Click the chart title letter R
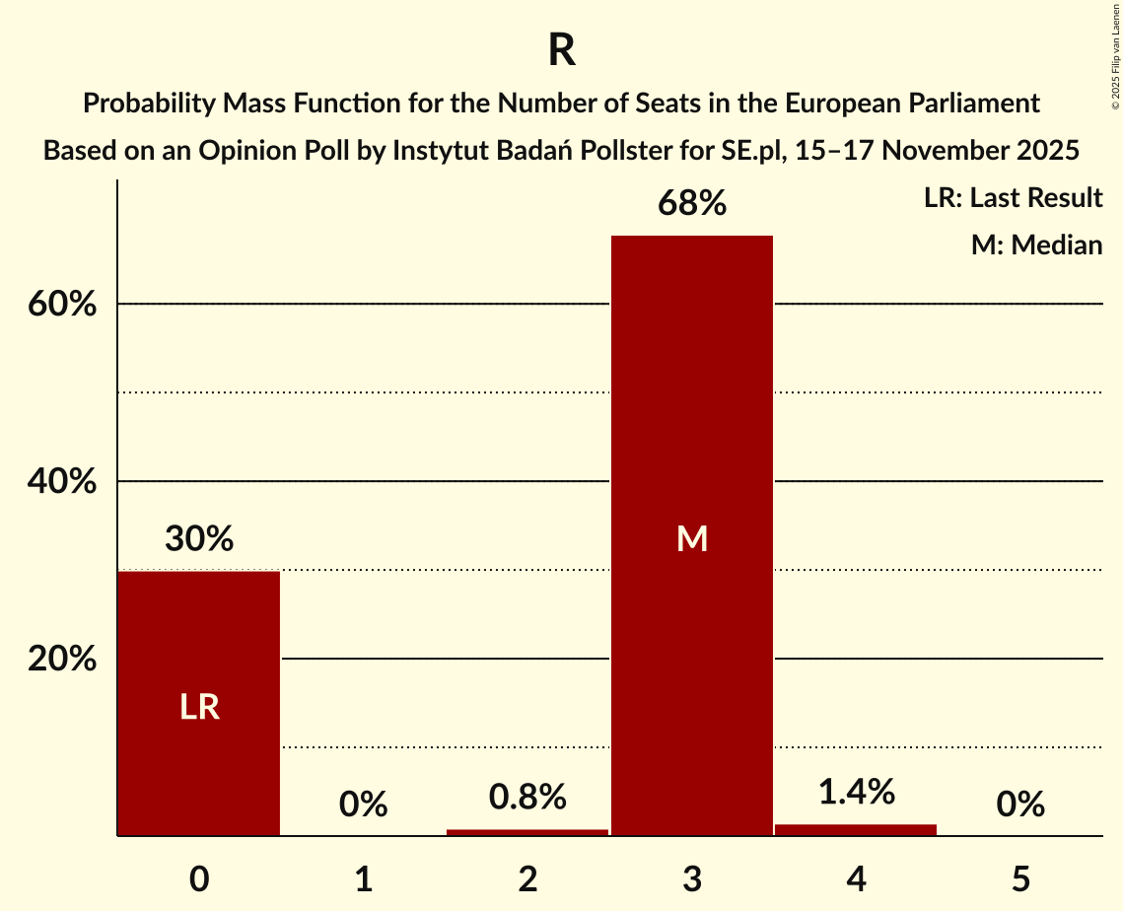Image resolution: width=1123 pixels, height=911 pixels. (561, 51)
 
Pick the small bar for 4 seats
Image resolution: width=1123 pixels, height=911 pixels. (856, 829)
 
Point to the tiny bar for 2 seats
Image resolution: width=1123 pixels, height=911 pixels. (527, 832)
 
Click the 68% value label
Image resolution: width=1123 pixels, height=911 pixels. (692, 204)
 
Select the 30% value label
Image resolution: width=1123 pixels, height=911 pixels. (199, 539)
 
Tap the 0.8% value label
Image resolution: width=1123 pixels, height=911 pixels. (527, 797)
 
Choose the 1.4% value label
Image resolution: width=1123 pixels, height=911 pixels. (856, 791)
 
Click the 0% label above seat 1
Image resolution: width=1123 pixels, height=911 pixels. (363, 805)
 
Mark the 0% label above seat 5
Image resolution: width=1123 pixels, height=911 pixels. (1019, 805)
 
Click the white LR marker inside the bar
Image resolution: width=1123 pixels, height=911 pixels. (199, 707)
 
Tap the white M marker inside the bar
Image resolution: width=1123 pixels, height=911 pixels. (692, 538)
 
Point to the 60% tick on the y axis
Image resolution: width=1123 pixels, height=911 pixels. (61, 305)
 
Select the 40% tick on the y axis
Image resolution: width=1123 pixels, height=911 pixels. (61, 482)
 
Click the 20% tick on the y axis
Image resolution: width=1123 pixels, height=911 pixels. (61, 660)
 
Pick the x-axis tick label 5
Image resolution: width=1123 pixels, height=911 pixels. (1019, 878)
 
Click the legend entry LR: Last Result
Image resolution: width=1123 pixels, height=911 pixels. (1013, 198)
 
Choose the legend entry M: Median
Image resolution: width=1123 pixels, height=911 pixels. (1036, 245)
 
